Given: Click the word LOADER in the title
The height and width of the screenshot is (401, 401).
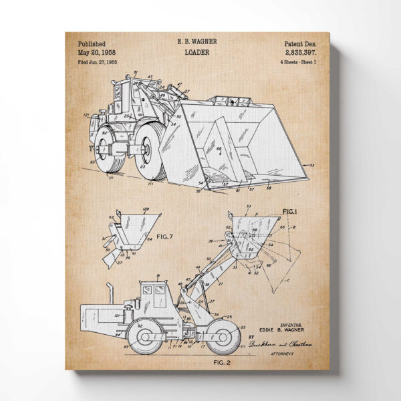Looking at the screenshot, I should pyautogui.click(x=196, y=51).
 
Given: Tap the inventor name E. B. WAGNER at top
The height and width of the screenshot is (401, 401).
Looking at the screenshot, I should pyautogui.click(x=196, y=41).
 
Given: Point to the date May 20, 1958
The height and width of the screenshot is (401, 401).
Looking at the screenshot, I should pyautogui.click(x=97, y=51).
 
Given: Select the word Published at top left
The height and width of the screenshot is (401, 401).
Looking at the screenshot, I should pyautogui.click(x=92, y=41).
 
